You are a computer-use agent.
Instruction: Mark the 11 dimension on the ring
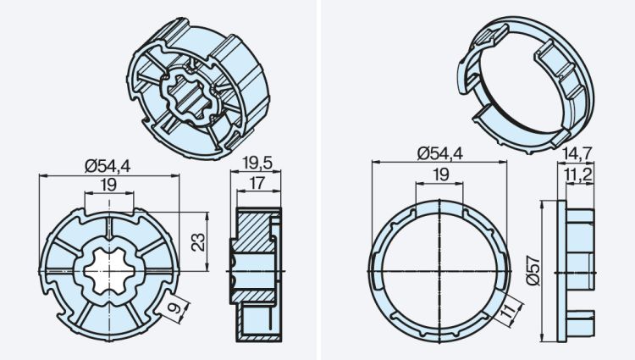click(506, 314)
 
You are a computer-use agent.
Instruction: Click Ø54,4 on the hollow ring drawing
click(439, 153)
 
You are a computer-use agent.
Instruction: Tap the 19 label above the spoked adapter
click(108, 184)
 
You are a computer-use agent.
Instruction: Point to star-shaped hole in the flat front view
click(110, 269)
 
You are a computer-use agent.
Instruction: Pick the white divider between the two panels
click(317, 180)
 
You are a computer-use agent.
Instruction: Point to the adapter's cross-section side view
click(253, 269)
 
